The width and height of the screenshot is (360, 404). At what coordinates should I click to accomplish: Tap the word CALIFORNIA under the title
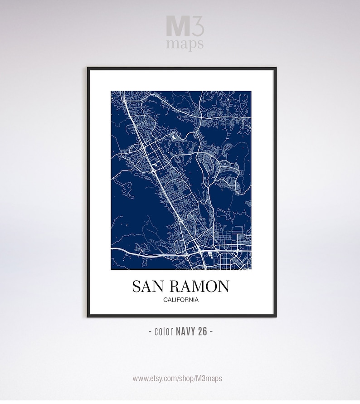(181, 299)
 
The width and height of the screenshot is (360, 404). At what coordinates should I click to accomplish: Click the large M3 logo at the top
(185, 26)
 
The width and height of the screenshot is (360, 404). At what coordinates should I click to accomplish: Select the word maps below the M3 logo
(185, 44)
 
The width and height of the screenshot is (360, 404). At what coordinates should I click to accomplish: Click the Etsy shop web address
(177, 378)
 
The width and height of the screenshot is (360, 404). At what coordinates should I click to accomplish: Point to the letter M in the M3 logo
(176, 26)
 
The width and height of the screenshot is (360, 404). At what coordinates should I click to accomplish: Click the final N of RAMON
(224, 286)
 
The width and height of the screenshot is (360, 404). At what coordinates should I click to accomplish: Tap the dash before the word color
(151, 331)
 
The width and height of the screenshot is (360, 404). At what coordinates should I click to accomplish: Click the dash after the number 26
(211, 331)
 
